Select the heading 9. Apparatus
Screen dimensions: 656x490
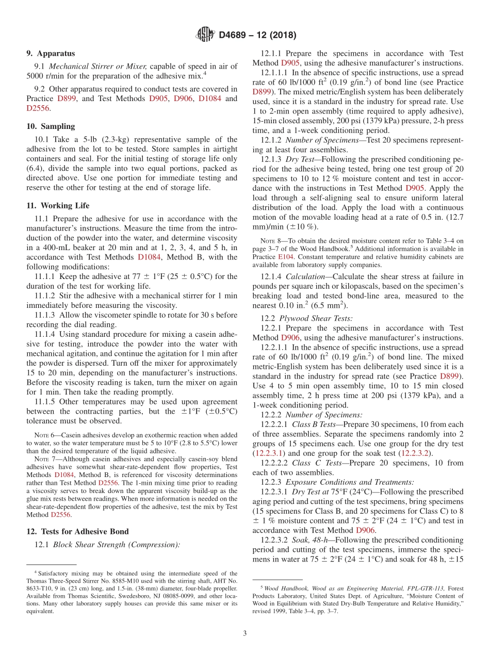tap(51, 54)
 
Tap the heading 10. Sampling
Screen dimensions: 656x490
tap(50, 126)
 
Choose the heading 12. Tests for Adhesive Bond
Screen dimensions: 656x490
tap(77, 532)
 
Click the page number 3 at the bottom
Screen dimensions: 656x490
tap(245, 633)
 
